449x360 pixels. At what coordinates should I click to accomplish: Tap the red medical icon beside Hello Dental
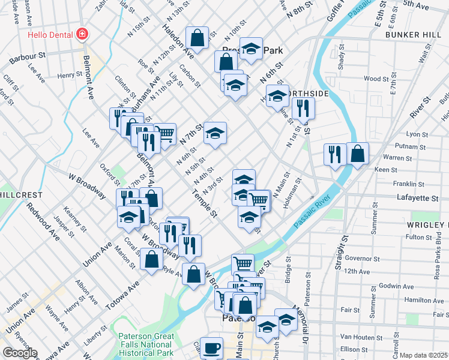[82, 34]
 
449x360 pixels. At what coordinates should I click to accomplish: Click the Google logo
[20, 353]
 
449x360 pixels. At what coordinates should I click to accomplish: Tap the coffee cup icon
[211, 348]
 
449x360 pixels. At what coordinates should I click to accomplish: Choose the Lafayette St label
[418, 197]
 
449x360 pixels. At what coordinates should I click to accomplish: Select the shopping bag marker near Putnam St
[357, 154]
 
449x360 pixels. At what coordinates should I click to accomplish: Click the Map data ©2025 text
[423, 355]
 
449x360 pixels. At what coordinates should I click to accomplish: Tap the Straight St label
[344, 248]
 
